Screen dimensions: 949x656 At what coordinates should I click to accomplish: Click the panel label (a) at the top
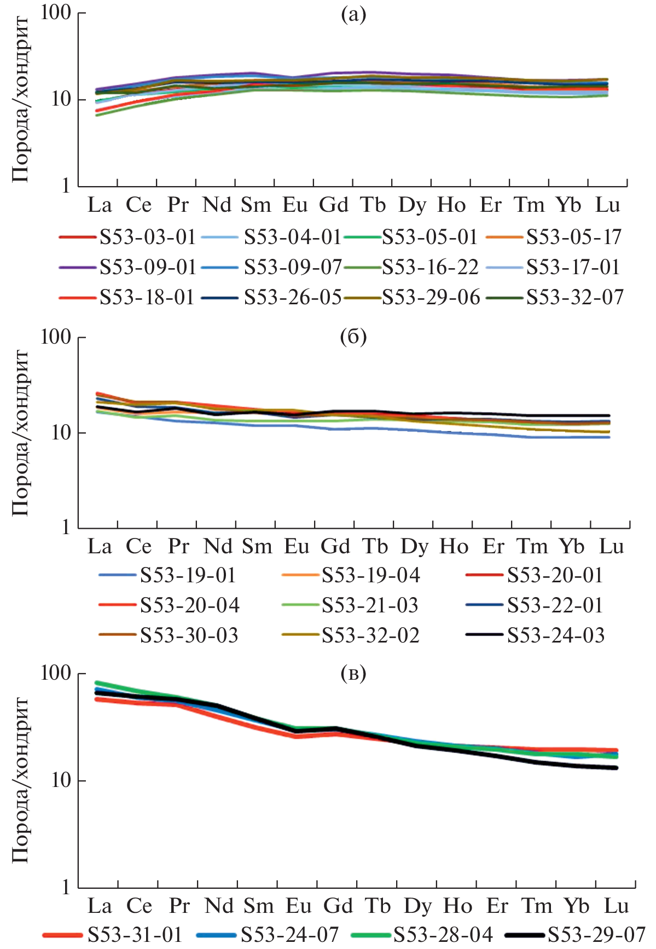point(353,14)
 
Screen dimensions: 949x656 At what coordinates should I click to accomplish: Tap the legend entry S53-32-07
point(574,297)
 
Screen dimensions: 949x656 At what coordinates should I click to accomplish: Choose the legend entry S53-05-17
point(573,237)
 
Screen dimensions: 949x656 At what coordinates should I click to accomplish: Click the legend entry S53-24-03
point(555,635)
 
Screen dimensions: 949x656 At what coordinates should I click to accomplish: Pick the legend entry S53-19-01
point(188,575)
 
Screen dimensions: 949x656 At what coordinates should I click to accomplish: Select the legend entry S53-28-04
point(443,934)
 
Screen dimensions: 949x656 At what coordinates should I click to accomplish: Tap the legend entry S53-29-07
point(596,934)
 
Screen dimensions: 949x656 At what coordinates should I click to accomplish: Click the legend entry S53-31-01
point(135,934)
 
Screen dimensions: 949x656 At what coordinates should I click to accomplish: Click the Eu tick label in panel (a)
point(295,205)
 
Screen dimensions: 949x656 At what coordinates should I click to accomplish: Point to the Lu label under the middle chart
point(612,546)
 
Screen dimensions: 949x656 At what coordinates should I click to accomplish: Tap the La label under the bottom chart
point(100,906)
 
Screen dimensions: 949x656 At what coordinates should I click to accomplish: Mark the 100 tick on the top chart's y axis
point(56,13)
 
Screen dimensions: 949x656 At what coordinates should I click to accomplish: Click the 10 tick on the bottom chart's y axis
point(61,780)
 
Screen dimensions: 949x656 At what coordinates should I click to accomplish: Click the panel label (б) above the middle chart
point(353,337)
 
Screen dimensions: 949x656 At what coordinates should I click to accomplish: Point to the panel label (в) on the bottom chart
point(353,674)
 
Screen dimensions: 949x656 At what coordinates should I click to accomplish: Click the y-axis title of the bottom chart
point(20,780)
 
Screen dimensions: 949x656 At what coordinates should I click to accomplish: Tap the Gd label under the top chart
point(334,205)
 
